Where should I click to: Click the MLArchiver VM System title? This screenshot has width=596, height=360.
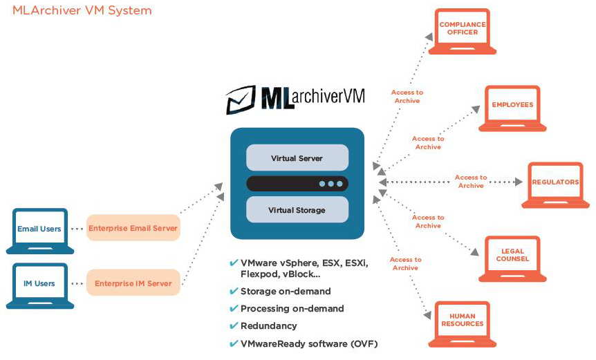click(82, 10)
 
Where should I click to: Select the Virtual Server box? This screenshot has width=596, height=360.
click(297, 158)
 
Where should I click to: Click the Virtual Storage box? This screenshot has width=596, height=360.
click(297, 209)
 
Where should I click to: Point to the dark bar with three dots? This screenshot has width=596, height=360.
click(297, 184)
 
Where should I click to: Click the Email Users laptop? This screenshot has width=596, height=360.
click(39, 229)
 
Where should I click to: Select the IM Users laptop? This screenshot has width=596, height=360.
click(39, 284)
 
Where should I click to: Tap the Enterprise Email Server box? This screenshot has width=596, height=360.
click(133, 228)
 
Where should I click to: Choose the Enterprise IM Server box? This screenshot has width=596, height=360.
click(133, 283)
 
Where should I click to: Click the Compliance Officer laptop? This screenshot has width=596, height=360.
click(462, 30)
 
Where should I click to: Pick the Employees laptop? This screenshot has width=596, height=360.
click(512, 107)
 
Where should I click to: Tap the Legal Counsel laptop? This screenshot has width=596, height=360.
click(512, 258)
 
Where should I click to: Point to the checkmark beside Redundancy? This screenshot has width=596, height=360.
click(234, 325)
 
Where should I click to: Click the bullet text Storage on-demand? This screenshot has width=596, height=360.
click(286, 291)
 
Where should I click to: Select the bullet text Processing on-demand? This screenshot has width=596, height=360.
click(292, 308)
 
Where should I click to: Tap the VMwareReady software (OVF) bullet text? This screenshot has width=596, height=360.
click(309, 343)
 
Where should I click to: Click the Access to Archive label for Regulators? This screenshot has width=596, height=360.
click(471, 182)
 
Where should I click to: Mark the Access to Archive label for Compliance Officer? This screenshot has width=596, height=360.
click(407, 96)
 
